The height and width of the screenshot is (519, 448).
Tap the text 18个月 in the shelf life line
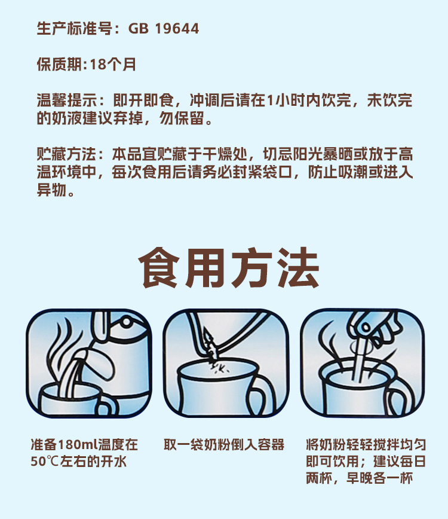pyautogui.click(x=113, y=64)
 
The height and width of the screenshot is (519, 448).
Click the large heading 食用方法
pyautogui.click(x=229, y=267)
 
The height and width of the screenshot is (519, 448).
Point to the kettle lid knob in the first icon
pyautogui.click(x=126, y=322)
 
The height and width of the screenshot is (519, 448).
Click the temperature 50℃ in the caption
pyautogui.click(x=45, y=461)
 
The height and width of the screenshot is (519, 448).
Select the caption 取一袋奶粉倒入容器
pyautogui.click(x=224, y=444)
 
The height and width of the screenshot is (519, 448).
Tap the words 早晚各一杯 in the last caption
pyautogui.click(x=379, y=478)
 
